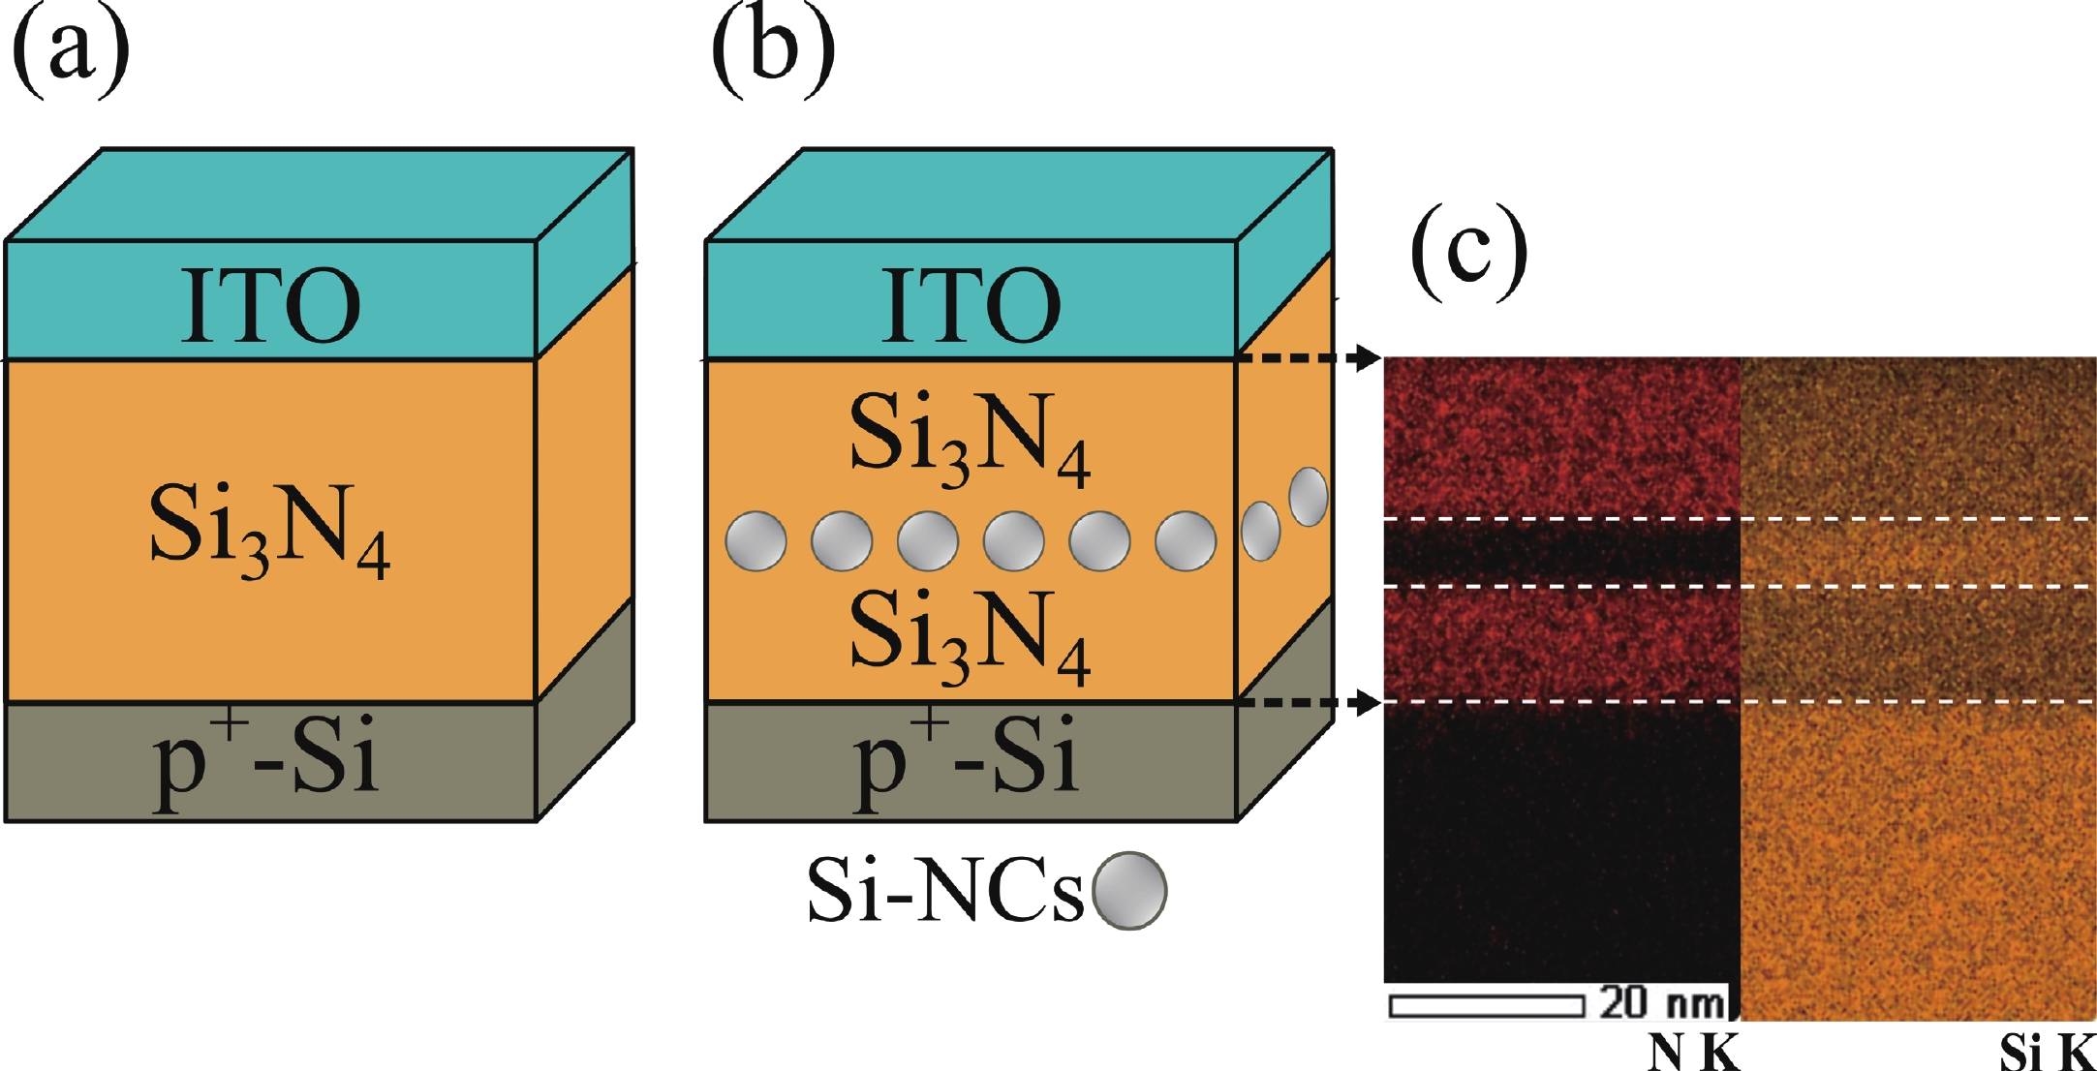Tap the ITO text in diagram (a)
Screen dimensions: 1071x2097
pyautogui.click(x=270, y=306)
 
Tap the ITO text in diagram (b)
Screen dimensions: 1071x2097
pyautogui.click(x=971, y=306)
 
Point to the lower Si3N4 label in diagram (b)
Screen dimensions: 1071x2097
pyautogui.click(x=970, y=637)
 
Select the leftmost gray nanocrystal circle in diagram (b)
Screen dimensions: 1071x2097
pyautogui.click(x=756, y=541)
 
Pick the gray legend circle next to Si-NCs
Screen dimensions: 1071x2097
pyautogui.click(x=1128, y=891)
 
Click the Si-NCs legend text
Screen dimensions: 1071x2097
pyautogui.click(x=944, y=891)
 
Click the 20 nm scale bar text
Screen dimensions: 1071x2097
pyautogui.click(x=1662, y=1002)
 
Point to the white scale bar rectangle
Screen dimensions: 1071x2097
pyautogui.click(x=1487, y=1006)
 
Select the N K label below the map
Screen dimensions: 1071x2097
pyautogui.click(x=1694, y=1052)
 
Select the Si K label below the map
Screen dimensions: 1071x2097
pyautogui.click(x=2046, y=1052)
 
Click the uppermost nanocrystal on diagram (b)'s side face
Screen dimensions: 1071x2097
pyautogui.click(x=1309, y=497)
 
